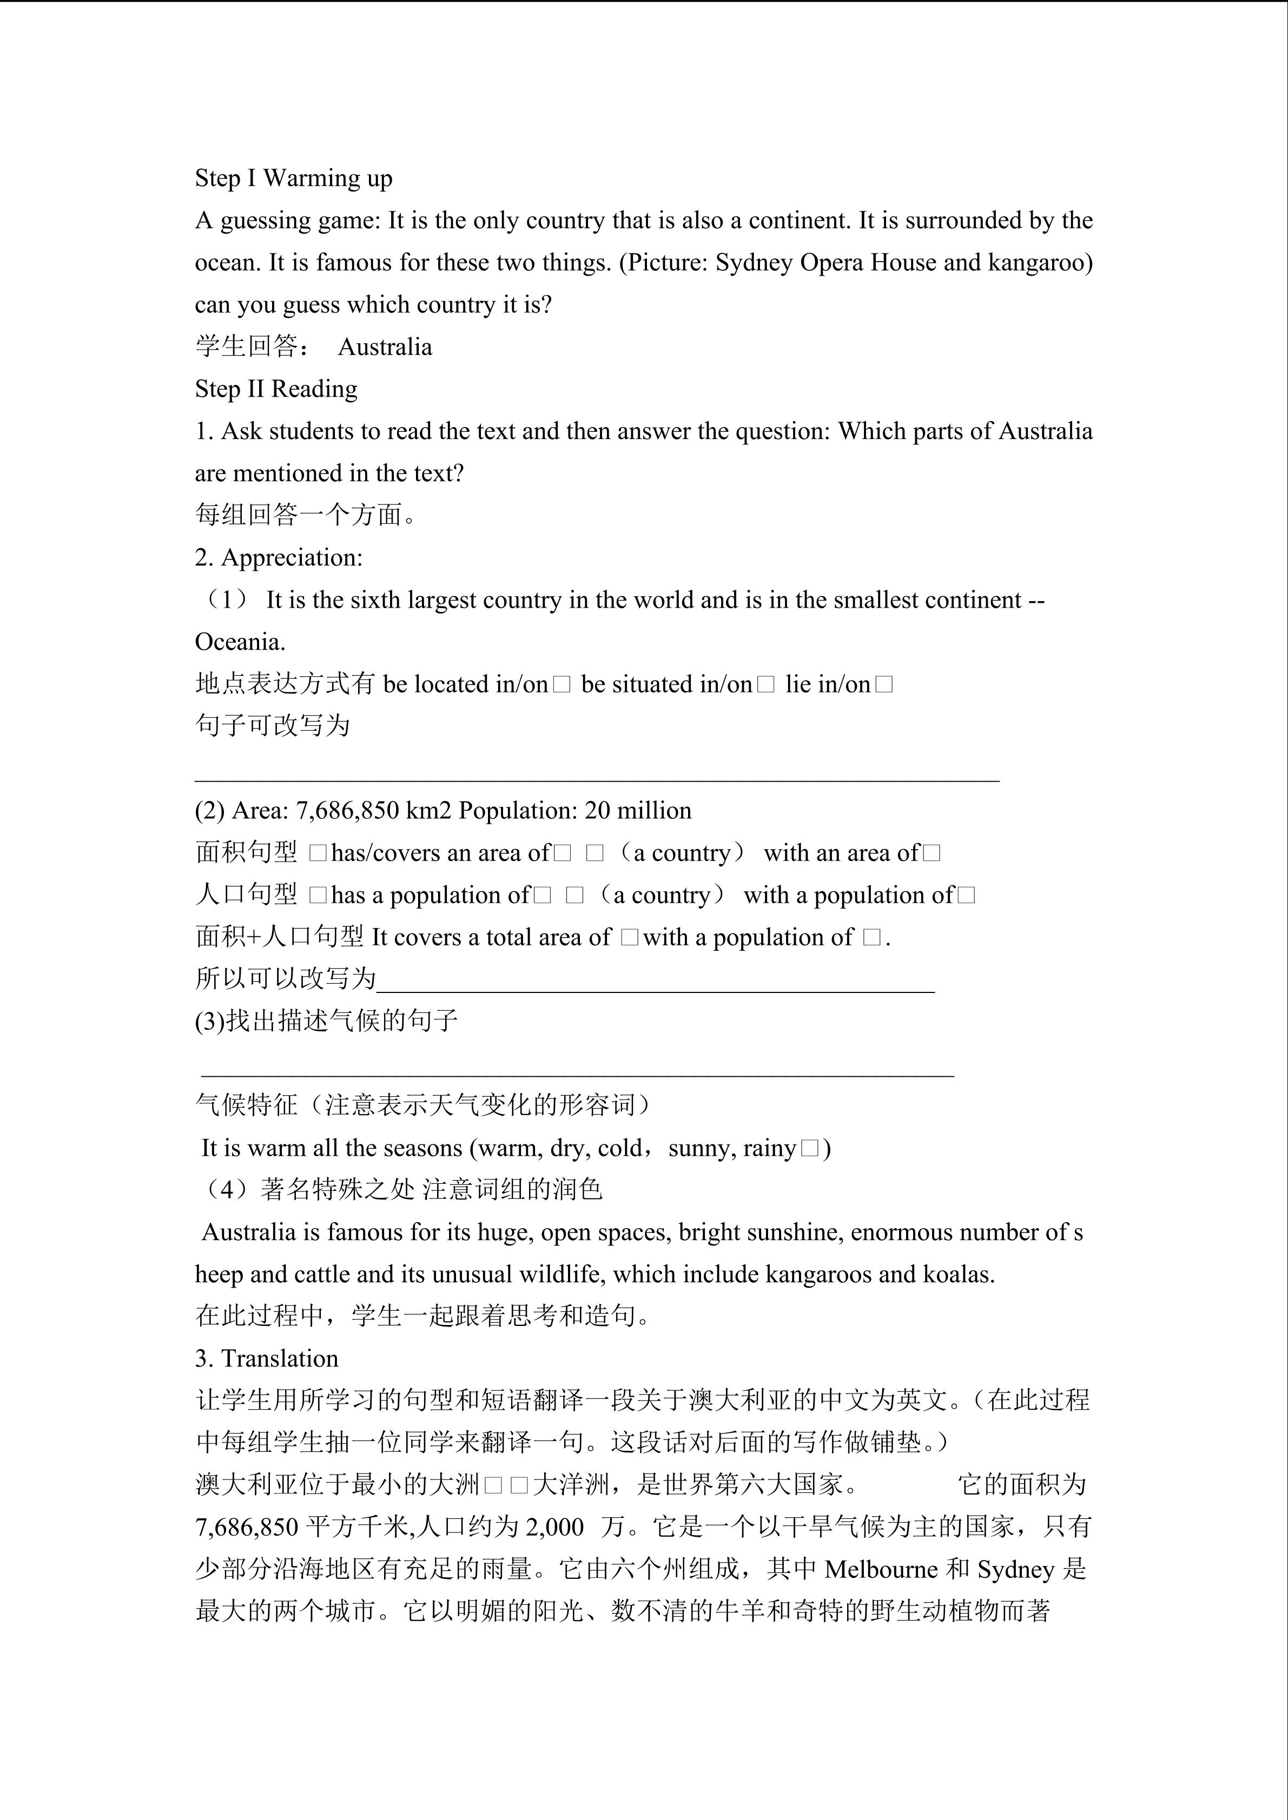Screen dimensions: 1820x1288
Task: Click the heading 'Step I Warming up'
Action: [x=293, y=178]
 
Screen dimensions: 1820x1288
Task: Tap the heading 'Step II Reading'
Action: [x=276, y=389]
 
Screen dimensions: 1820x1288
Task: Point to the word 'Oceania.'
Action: [x=240, y=642]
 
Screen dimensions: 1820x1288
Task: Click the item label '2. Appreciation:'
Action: [x=279, y=558]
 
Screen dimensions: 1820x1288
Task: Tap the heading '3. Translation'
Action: [x=267, y=1359]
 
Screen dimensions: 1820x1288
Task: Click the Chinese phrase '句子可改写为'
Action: [x=272, y=725]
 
